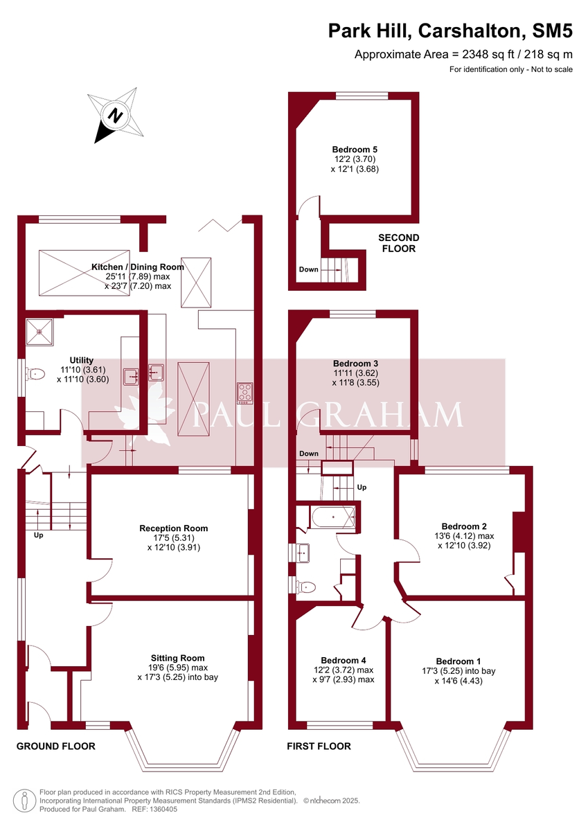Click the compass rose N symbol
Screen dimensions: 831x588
click(x=117, y=115)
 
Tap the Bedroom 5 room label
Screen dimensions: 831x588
click(x=355, y=149)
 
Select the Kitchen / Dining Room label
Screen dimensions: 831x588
click(x=138, y=267)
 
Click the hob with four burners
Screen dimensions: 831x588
click(x=244, y=393)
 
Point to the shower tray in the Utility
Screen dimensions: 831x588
click(x=39, y=330)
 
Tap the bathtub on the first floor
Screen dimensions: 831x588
click(x=333, y=517)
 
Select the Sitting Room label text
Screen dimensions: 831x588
click(x=178, y=658)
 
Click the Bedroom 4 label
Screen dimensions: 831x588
click(x=344, y=660)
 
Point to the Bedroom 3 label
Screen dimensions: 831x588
click(x=355, y=363)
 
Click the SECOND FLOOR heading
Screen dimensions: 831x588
click(x=398, y=243)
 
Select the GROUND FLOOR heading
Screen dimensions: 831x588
click(x=55, y=746)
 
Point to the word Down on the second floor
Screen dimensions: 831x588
click(x=309, y=269)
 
